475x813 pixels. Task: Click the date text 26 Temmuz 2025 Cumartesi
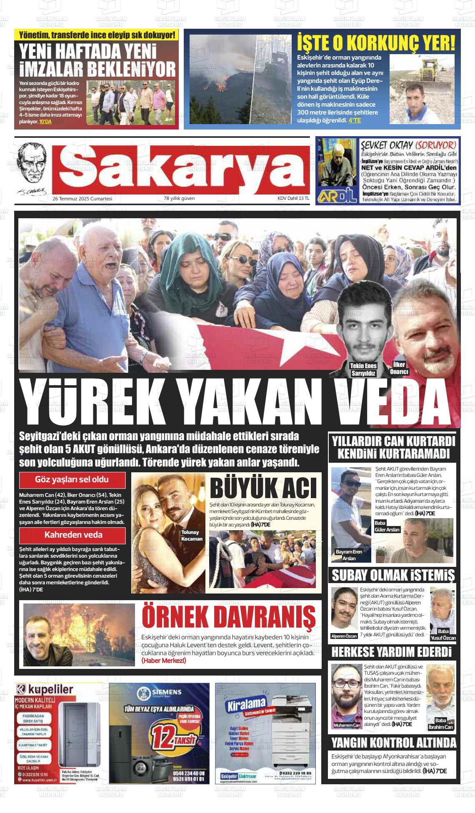82,199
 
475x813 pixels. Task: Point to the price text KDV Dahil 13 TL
293,199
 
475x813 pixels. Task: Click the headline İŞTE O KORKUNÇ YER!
376,42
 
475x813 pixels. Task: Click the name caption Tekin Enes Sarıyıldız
363,369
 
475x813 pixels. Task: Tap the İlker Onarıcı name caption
399,368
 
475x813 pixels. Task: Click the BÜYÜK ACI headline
263,488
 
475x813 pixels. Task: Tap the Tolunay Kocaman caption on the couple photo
192,536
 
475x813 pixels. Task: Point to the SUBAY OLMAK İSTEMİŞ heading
393,576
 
